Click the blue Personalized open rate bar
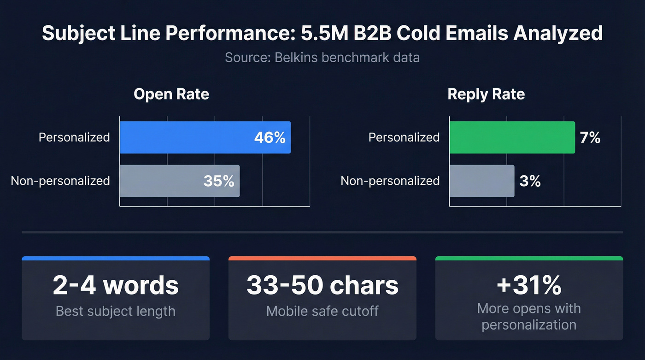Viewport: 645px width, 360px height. (x=184, y=137)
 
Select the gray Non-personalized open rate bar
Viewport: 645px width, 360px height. (x=161, y=181)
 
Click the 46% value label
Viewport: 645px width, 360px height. (x=270, y=137)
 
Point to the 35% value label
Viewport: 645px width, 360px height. (x=219, y=181)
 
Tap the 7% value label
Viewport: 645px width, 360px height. (x=590, y=137)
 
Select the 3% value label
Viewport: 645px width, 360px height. (x=530, y=181)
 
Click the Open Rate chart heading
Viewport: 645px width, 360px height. (x=171, y=94)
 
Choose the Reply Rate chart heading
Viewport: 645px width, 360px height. (x=486, y=94)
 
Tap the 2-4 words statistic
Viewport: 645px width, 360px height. (x=116, y=285)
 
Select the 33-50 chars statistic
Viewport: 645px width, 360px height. (x=322, y=285)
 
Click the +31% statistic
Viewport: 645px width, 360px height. (x=529, y=285)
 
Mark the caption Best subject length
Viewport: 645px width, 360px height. (x=116, y=311)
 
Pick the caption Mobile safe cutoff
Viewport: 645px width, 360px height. (x=322, y=311)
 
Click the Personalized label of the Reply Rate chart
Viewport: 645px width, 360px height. (x=404, y=137)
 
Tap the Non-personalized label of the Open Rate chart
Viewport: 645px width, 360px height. (x=60, y=181)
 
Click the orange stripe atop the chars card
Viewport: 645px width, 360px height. (x=322, y=258)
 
